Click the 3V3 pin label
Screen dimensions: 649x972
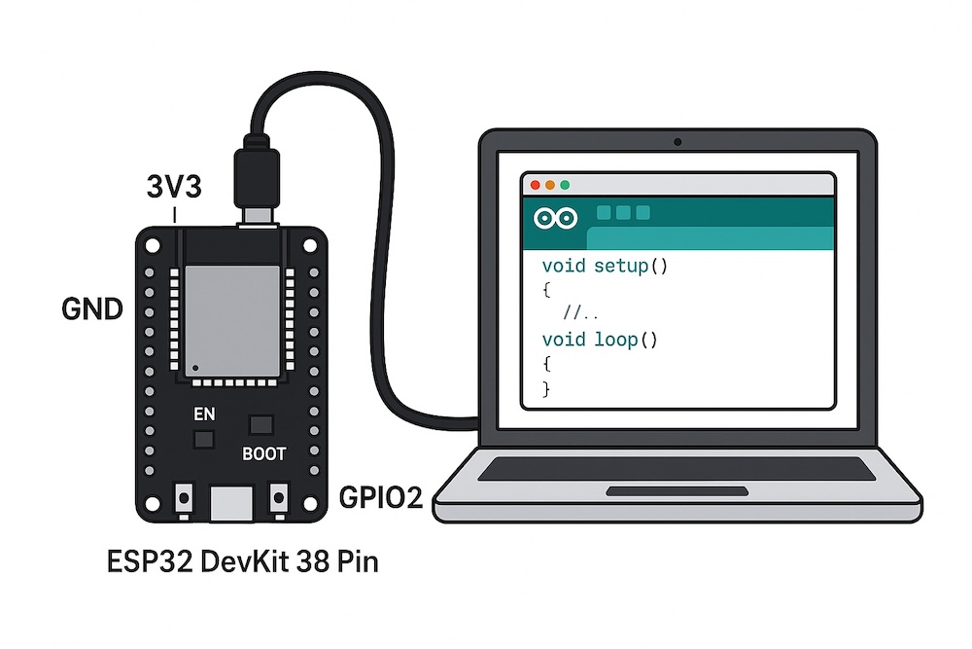point(174,186)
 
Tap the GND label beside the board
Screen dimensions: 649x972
point(92,310)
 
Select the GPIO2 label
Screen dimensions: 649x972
point(380,499)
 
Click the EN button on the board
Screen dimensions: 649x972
point(204,439)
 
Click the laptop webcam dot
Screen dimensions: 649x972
point(677,143)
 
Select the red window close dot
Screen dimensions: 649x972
point(533,185)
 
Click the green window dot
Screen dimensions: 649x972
point(564,185)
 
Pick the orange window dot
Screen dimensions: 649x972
point(548,185)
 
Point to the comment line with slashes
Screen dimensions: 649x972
point(580,313)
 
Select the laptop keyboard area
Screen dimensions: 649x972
point(677,468)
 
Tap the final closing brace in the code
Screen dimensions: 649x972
point(546,388)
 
